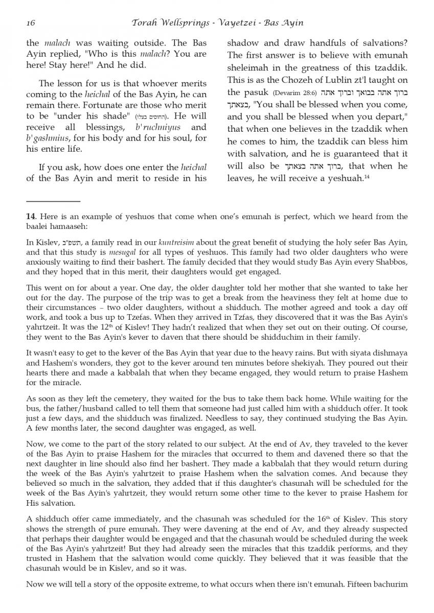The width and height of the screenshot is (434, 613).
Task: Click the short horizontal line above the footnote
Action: click(53, 201)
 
